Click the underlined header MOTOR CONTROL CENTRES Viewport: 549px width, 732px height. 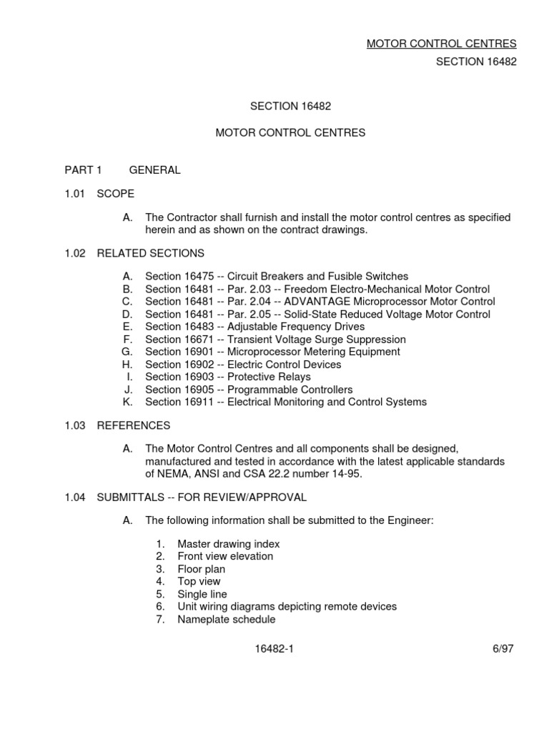441,44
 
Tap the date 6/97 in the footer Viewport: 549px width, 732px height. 503,648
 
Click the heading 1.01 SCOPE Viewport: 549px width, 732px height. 99,194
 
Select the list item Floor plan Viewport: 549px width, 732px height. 201,569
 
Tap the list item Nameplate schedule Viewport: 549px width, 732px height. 226,619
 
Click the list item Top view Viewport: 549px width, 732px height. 199,582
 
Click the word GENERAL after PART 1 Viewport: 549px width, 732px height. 154,170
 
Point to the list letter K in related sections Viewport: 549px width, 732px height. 128,402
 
